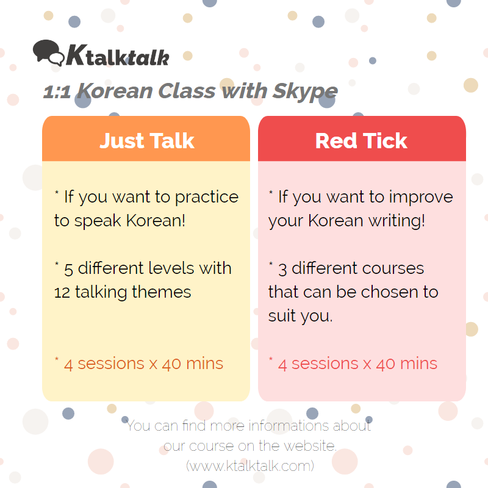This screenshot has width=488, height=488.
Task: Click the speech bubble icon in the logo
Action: point(49,52)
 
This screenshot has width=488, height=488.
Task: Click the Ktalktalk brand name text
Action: point(117,56)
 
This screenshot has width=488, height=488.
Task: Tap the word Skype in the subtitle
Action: point(305,92)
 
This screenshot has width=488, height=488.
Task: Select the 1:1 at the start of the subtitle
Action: point(57,92)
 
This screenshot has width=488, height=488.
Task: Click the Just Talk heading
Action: point(147,141)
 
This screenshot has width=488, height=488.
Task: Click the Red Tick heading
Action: point(361,141)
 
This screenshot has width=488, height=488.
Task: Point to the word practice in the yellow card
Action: point(207,198)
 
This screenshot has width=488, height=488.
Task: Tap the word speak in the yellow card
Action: point(98,221)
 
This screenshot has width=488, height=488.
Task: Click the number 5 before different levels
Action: point(68,270)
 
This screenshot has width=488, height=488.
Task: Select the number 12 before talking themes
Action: point(62,293)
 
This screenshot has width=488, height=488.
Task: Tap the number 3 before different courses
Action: point(282,270)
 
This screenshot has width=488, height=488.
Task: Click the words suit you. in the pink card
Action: point(300,316)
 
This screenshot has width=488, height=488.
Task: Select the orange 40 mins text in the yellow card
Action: point(192,364)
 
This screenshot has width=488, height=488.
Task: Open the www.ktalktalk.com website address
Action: point(250,466)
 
